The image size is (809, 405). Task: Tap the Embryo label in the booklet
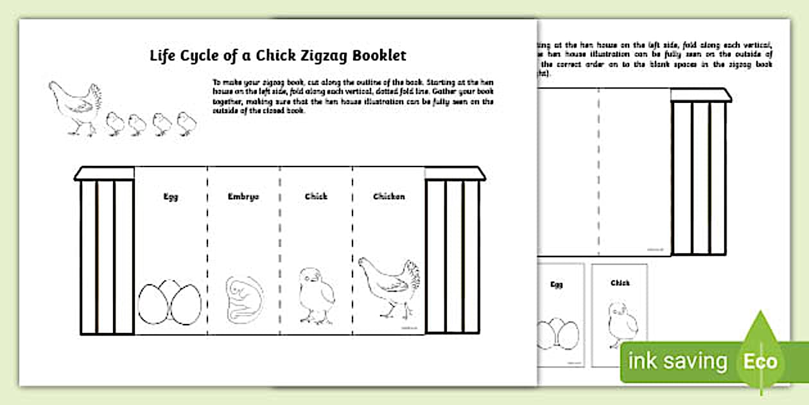243,197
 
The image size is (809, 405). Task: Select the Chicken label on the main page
389,197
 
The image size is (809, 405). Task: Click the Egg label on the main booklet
170,197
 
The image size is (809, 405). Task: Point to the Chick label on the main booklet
316,197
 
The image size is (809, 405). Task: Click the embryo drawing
243,299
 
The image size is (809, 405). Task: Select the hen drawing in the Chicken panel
388,286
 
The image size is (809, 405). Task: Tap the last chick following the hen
186,123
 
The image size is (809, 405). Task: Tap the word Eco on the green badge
761,361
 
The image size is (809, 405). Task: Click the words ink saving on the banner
677,361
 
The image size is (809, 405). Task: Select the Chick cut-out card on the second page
620,315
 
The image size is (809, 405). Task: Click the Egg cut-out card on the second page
560,315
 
